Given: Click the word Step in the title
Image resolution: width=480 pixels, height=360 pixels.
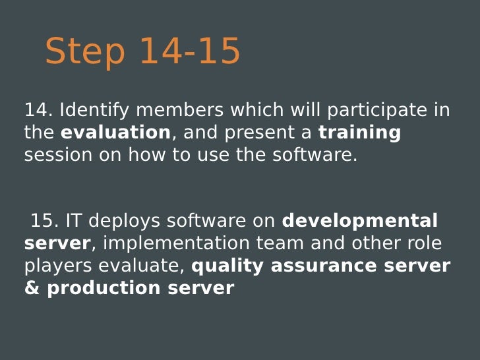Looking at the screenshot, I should click(84, 51).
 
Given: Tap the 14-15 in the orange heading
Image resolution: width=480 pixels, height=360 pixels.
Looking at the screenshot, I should click(190, 51).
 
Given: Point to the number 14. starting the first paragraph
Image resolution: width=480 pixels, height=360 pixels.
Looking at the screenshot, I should click(39, 109).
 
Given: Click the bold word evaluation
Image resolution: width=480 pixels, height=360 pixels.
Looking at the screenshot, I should click(115, 133).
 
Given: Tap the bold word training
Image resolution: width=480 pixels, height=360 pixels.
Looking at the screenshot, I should click(359, 133).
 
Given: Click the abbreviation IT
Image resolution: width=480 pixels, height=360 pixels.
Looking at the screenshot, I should click(73, 221).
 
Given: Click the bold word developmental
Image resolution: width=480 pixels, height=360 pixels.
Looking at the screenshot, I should click(359, 221).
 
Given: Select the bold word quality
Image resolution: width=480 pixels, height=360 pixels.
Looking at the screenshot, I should click(227, 266).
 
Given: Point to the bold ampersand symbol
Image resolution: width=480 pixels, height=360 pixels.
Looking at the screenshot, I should click(32, 288).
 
